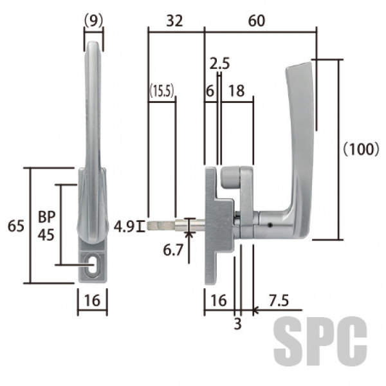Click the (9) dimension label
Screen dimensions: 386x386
93,21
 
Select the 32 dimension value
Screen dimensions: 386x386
174,21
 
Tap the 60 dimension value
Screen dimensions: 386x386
257,21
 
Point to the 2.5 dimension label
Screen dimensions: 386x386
219,64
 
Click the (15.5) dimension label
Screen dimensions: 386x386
162,91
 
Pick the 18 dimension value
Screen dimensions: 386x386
237,91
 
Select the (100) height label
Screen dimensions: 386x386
361,149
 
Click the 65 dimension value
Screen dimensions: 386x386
16,226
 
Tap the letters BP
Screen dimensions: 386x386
47,217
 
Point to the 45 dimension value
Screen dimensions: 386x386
46,235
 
